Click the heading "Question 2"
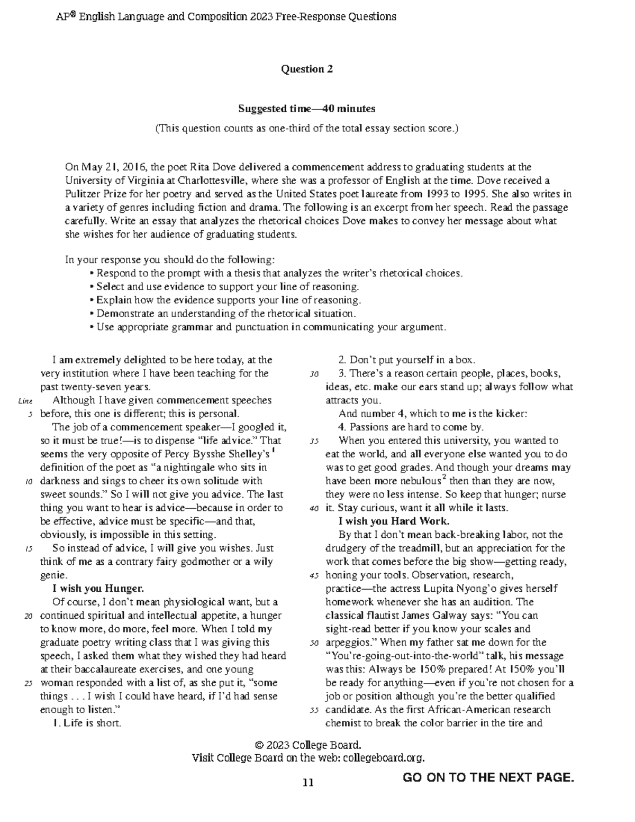[306, 69]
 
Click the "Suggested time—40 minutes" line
[306, 109]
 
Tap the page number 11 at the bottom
[308, 782]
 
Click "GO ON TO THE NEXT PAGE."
[488, 777]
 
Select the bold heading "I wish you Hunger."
[98, 589]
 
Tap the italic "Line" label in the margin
[25, 401]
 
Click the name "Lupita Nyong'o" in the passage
[452, 589]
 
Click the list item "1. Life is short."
[87, 723]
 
